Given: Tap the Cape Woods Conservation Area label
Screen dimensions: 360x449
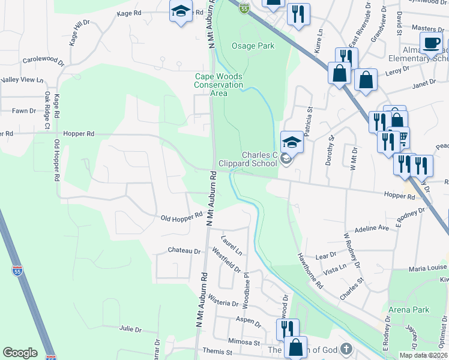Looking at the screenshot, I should (x=218, y=85).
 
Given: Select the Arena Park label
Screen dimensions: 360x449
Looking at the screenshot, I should (x=408, y=310).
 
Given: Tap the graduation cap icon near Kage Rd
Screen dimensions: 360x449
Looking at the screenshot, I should (x=180, y=11).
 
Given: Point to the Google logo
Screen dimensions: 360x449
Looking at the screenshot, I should (x=20, y=353).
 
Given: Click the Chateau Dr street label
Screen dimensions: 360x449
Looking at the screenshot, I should (x=184, y=250).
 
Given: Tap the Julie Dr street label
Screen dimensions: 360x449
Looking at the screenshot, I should (x=130, y=329).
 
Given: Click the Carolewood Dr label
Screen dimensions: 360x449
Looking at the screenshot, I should (x=43, y=60).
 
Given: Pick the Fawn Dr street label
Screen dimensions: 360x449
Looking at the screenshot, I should (x=25, y=110).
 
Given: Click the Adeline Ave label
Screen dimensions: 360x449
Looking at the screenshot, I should (x=372, y=229).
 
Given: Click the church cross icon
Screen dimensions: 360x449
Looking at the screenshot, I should (x=346, y=349).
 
